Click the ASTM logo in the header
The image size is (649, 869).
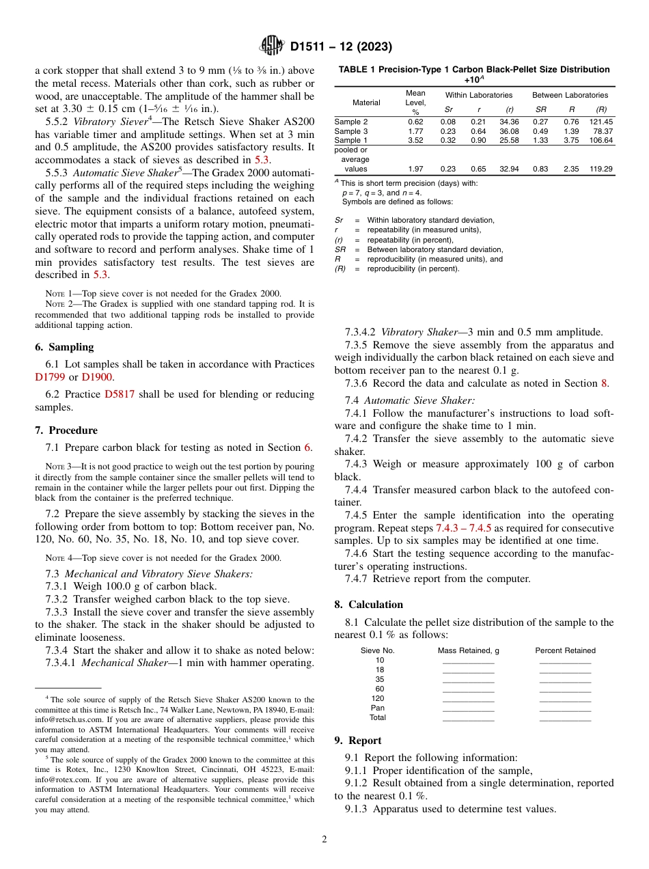pyautogui.click(x=272, y=46)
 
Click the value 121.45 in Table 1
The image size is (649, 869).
pyautogui.click(x=601, y=121)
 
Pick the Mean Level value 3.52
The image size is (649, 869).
pyautogui.click(x=415, y=140)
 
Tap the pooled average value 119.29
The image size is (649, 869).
pyautogui.click(x=601, y=168)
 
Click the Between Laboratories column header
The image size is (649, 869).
pyautogui.click(x=570, y=95)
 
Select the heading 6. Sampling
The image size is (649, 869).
pyautogui.click(x=64, y=347)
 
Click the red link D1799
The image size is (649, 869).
pyautogui.click(x=48, y=377)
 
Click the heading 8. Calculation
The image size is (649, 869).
pyautogui.click(x=368, y=605)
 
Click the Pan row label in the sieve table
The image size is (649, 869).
pyautogui.click(x=378, y=708)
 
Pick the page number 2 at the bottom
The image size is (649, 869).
pyautogui.click(x=324, y=839)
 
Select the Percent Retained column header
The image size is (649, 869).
pyautogui.click(x=565, y=650)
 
